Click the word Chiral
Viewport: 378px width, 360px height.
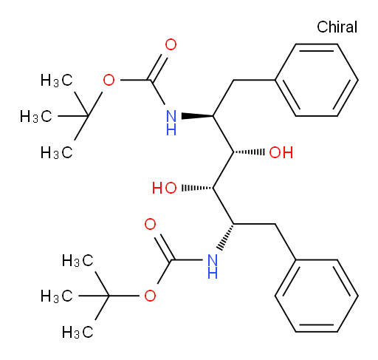coord(337,27)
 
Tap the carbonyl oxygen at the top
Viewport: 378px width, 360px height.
coord(171,44)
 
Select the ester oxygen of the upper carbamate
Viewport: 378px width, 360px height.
coord(109,81)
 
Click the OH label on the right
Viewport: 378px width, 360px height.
coord(281,152)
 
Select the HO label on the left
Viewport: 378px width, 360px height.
coord(164,189)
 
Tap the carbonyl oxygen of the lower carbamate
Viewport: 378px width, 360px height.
coord(150,224)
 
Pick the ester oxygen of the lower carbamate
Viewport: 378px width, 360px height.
coord(150,296)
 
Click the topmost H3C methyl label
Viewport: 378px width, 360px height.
coord(57,81)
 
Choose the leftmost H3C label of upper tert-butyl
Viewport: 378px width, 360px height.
coord(36,116)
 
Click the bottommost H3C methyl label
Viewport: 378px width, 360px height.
coord(78,332)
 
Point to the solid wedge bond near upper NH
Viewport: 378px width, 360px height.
coord(197,116)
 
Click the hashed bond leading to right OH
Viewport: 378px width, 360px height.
coord(249,152)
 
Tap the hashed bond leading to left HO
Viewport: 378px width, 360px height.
coord(197,189)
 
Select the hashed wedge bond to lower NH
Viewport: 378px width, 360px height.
coord(225,237)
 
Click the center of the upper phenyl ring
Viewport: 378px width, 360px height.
coord(317,80)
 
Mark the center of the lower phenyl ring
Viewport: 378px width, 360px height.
coord(317,296)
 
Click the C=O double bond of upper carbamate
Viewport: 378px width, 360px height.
coord(158,67)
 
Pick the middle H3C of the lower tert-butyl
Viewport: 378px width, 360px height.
coord(57,296)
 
